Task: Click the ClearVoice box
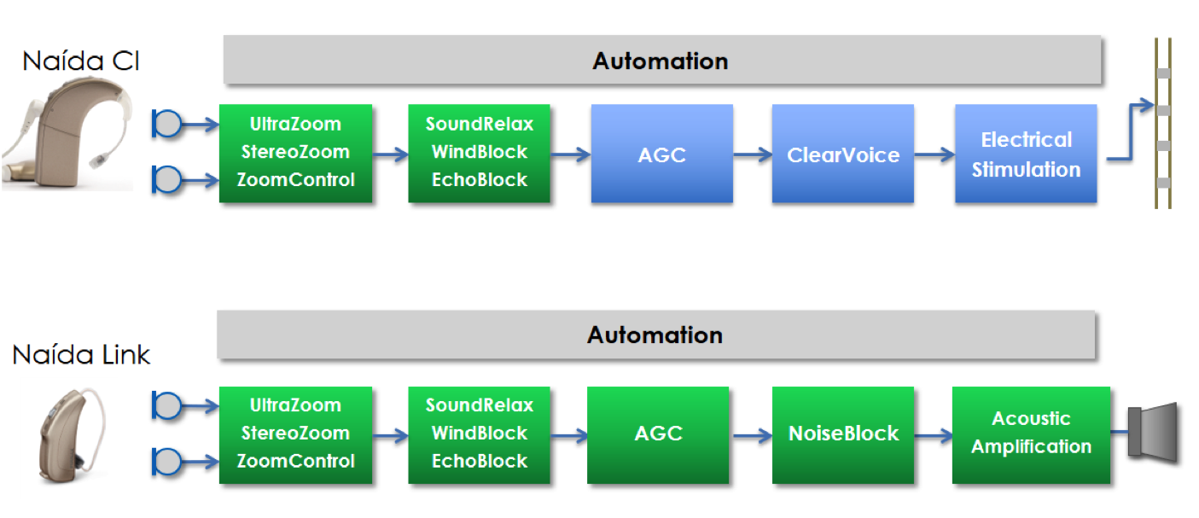click(x=842, y=154)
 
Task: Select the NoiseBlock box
click(x=842, y=435)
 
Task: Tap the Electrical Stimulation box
click(x=1026, y=154)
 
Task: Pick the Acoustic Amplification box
click(x=1031, y=435)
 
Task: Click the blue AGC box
click(x=661, y=154)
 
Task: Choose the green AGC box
click(x=658, y=435)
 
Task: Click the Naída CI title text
click(x=81, y=61)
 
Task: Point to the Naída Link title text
click(x=81, y=355)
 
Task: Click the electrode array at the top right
click(x=1163, y=123)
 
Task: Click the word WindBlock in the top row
click(x=479, y=152)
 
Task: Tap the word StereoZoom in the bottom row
click(x=295, y=433)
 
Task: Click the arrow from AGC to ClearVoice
click(x=753, y=154)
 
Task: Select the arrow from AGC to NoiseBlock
click(x=750, y=436)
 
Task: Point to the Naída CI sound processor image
click(x=67, y=133)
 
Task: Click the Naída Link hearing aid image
click(x=73, y=435)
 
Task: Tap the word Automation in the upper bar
click(x=660, y=61)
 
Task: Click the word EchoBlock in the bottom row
click(x=479, y=461)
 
